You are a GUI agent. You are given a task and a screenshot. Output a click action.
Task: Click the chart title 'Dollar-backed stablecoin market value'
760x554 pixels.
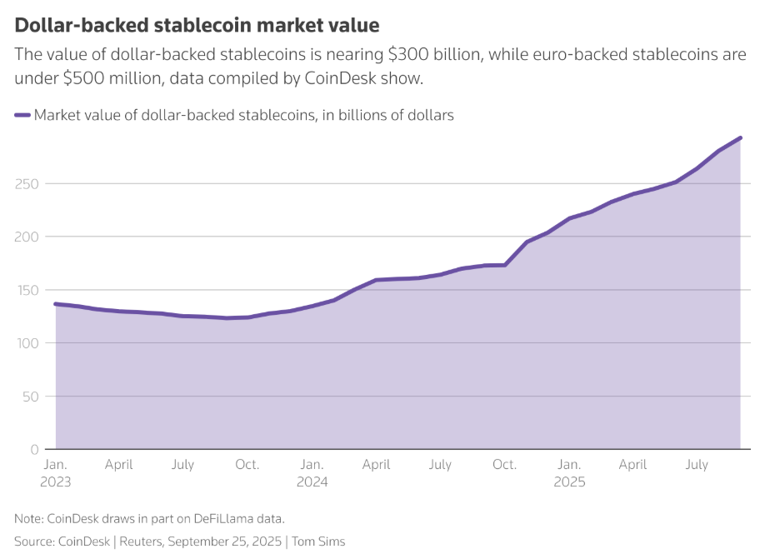pos(197,25)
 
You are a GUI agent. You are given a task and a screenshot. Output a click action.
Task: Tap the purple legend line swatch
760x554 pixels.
pos(22,115)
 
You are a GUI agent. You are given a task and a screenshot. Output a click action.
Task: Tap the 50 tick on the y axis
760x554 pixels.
pos(30,397)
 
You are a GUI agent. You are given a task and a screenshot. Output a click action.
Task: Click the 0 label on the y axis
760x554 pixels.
pos(34,450)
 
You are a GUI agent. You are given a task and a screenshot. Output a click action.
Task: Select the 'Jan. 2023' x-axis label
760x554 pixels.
pos(56,472)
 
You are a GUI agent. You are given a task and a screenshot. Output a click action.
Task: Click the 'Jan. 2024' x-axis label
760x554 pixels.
pos(312,472)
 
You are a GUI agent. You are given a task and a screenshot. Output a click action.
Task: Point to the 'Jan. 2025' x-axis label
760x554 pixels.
pos(569,472)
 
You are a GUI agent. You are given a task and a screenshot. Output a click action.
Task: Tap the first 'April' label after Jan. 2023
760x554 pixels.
pos(119,464)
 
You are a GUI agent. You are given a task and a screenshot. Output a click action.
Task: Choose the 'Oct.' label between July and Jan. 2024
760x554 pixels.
pos(247,464)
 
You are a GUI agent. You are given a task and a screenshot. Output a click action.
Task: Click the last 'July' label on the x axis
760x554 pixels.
pos(697,464)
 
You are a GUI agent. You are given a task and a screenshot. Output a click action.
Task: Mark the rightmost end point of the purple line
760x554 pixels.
pos(740,138)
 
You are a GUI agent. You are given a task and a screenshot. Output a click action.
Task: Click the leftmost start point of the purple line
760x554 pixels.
pos(56,304)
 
